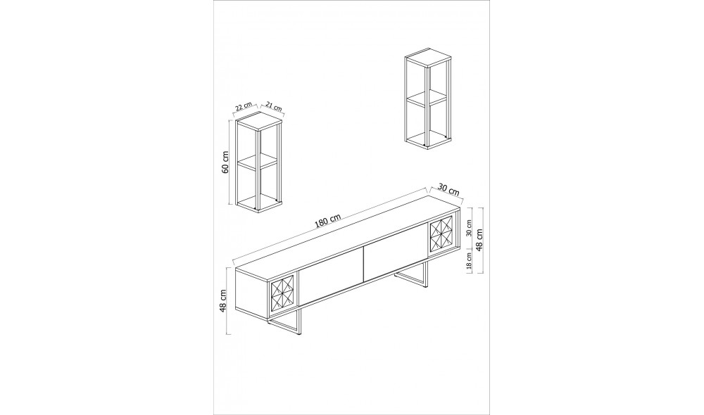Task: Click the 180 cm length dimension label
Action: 328,221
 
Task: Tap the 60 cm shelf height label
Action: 225,162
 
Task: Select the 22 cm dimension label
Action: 244,106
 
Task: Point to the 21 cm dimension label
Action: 274,106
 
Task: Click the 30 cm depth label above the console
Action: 448,190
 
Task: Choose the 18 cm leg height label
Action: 469,262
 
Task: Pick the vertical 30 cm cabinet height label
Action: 469,228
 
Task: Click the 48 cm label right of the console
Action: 479,240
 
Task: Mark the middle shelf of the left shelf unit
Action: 257,161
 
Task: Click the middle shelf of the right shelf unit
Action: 427,98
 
